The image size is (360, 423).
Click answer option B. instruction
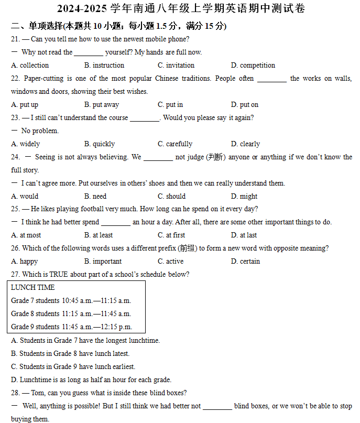[104, 66]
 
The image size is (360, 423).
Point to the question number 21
[15, 39]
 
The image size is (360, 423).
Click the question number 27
[15, 275]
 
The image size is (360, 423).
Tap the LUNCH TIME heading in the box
[32, 288]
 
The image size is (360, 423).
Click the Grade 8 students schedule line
[71, 314]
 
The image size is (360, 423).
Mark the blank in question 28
[217, 406]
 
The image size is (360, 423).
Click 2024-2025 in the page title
[82, 9]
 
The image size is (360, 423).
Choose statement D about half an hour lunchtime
[91, 379]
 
